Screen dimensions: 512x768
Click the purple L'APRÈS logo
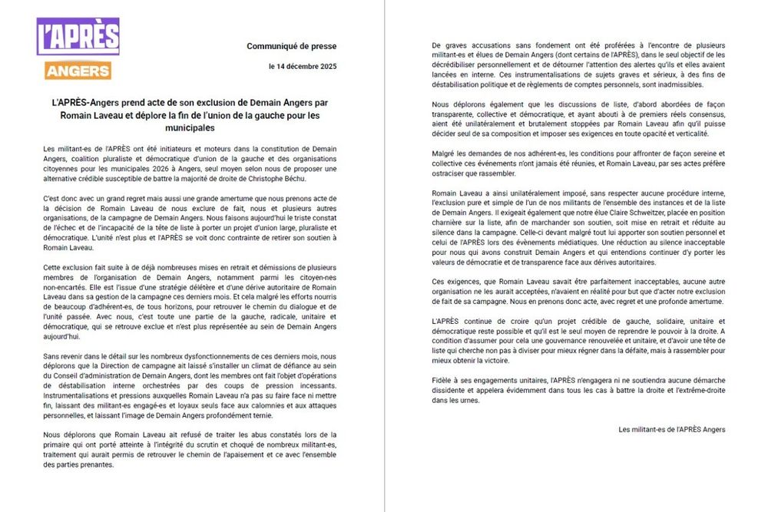pyautogui.click(x=78, y=36)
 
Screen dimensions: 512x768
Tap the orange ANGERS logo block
pyautogui.click(x=78, y=71)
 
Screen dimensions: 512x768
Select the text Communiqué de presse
pyautogui.click(x=291, y=47)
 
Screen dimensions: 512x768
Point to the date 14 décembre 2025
pyautogui.click(x=307, y=67)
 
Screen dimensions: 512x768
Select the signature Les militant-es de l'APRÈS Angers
pyautogui.click(x=671, y=429)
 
